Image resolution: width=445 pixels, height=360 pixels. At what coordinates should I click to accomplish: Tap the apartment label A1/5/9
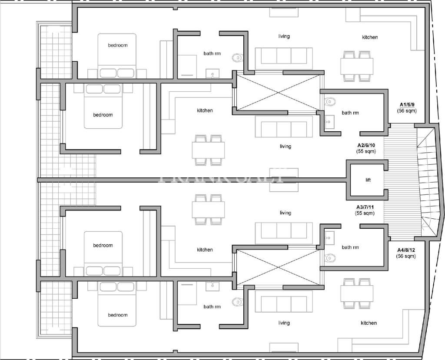pyautogui.click(x=407, y=105)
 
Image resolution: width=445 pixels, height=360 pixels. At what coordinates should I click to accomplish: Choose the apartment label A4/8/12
pyautogui.click(x=406, y=250)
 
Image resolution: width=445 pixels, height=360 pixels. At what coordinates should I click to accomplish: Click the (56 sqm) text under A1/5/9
pyautogui.click(x=407, y=111)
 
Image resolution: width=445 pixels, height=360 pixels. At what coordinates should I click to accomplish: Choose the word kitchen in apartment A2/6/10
pyautogui.click(x=205, y=110)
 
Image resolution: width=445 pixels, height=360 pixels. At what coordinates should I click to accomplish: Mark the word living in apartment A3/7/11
pyautogui.click(x=286, y=213)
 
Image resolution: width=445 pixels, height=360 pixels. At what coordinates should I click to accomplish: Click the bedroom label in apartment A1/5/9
pyautogui.click(x=118, y=45)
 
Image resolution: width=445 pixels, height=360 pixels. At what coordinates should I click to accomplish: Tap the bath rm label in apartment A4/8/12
pyautogui.click(x=212, y=307)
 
